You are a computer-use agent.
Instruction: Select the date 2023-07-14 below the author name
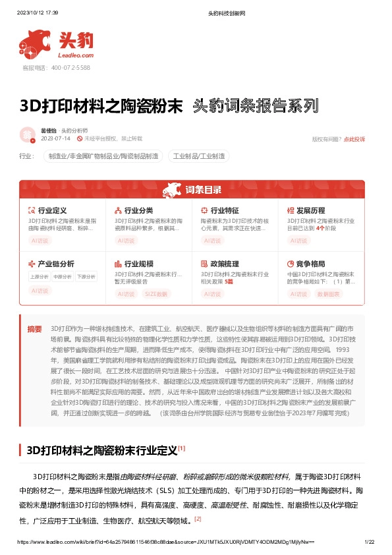(55, 139)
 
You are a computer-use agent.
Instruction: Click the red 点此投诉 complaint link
(354, 139)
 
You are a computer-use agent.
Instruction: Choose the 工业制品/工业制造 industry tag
(199, 156)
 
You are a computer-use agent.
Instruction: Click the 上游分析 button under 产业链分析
(40, 277)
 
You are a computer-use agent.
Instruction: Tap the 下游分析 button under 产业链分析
(86, 277)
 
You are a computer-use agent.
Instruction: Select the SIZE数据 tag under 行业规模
(157, 294)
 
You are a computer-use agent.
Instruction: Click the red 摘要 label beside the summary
(34, 328)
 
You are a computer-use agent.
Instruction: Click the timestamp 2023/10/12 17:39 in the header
(37, 13)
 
